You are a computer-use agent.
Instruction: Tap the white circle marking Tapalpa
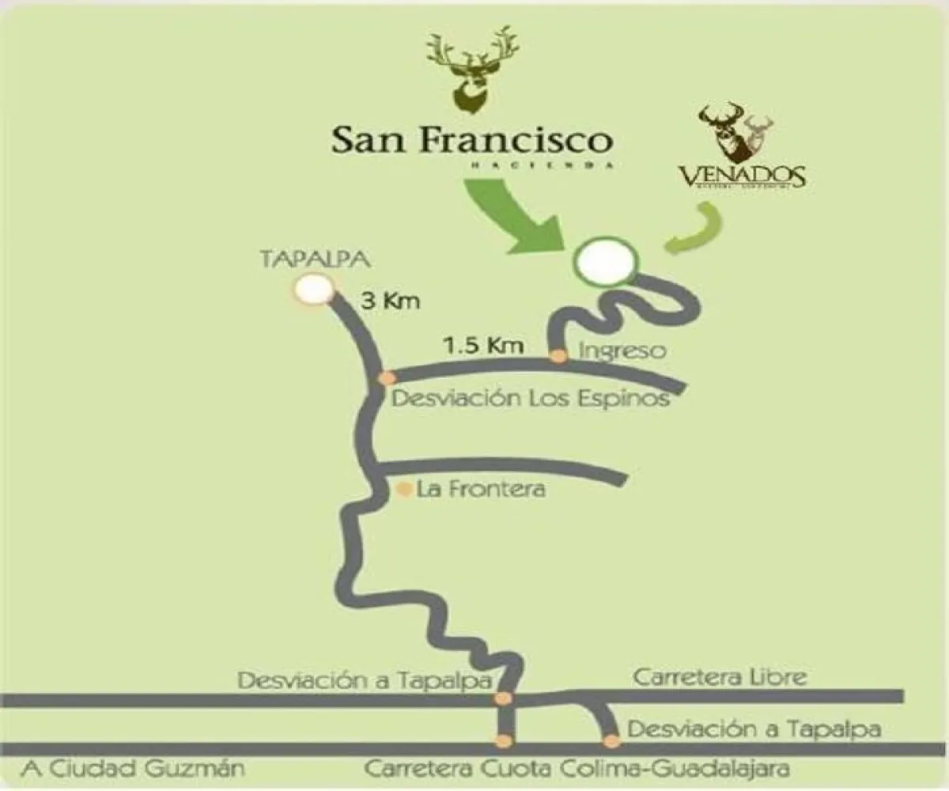pos(313,290)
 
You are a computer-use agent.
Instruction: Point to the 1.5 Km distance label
pos(473,345)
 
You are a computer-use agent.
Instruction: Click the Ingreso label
pos(622,349)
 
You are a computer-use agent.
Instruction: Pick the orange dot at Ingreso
pos(558,356)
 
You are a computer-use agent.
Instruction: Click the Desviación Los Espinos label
pos(531,397)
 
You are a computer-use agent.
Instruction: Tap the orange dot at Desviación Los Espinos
pos(387,378)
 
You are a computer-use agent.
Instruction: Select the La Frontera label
pos(481,490)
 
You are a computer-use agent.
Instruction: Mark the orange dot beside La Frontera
pos(404,490)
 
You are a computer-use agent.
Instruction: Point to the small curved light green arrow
pos(697,229)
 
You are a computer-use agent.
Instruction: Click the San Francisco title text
pos(472,140)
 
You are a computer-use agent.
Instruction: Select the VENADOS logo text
pos(741,174)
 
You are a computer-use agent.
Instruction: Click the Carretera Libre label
pos(720,677)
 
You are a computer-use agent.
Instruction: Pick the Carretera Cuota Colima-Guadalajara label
pos(577,768)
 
